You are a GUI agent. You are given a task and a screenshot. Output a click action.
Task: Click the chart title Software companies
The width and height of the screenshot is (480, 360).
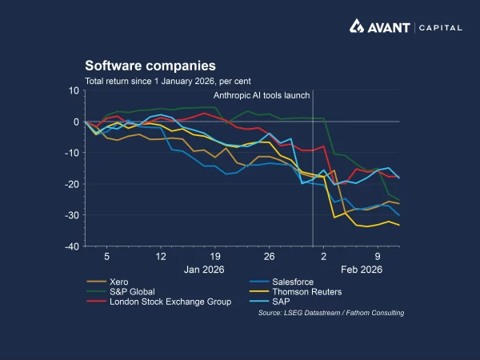(150, 66)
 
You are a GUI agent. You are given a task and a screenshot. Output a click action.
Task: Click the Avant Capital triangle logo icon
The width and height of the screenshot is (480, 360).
(358, 27)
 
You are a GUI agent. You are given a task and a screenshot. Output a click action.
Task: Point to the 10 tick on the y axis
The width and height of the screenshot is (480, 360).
(74, 90)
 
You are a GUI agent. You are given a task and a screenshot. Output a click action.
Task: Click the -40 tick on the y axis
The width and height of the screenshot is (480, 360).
(70, 246)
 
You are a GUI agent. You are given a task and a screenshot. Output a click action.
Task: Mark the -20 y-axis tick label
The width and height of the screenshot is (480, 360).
(70, 184)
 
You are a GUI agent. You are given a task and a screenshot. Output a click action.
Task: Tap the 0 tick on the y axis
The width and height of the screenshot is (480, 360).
(76, 122)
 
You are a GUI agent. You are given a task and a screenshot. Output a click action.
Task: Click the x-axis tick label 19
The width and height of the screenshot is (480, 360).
(215, 257)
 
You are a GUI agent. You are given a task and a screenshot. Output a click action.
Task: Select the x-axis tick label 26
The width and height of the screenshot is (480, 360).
(269, 257)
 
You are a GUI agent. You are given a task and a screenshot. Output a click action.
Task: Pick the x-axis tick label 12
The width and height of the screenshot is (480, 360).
(161, 257)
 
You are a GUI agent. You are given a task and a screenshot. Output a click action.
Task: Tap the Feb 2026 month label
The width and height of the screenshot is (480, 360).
(362, 270)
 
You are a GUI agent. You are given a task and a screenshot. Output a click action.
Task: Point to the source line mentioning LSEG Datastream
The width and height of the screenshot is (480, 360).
(330, 313)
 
